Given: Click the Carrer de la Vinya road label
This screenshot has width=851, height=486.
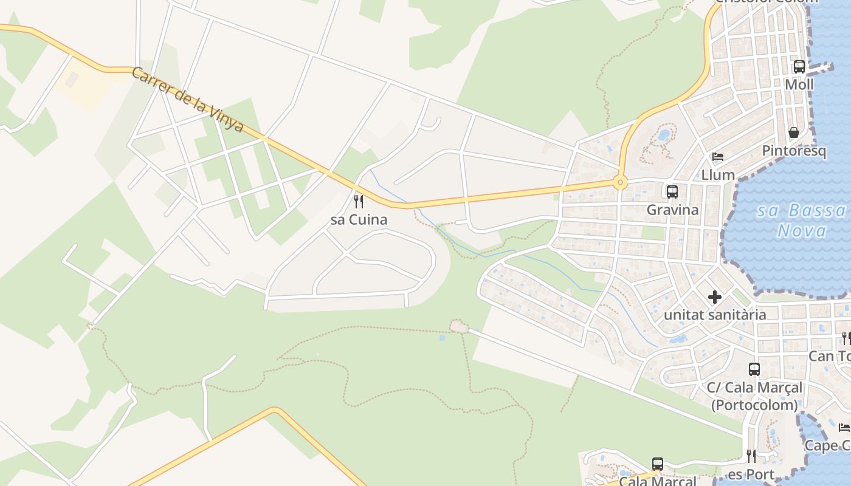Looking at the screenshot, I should point(187,100).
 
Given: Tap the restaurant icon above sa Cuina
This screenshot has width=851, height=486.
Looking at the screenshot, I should point(359,201).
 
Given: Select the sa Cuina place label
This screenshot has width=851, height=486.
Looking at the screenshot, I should point(359,219).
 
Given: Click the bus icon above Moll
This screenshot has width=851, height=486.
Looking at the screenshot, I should point(799,67).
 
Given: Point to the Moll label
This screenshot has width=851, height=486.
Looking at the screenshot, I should point(799,84).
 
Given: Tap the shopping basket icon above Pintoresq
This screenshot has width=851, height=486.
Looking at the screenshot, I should point(794,132).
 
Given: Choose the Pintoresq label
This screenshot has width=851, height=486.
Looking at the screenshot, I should point(794,151).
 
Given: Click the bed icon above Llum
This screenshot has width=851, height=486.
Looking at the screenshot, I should point(718,157).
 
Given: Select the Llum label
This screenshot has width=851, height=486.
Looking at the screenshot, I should point(718,175).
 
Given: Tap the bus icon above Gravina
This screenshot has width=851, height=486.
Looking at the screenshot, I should point(672,192).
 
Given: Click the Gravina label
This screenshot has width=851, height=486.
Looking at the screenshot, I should point(673,210).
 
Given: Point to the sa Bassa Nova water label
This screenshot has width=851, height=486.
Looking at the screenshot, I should point(802,221).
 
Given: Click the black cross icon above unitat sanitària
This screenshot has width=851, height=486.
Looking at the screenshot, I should point(715,297).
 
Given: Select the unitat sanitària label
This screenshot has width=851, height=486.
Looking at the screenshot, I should point(715,315).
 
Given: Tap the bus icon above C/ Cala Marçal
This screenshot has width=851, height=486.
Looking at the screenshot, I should point(754,369).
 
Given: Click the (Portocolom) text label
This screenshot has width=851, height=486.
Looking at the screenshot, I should point(754,405).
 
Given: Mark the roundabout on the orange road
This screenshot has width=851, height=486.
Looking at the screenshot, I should point(620,182).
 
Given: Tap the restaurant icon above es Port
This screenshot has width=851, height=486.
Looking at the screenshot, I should point(751,456).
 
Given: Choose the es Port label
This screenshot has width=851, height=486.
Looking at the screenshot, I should point(751,474).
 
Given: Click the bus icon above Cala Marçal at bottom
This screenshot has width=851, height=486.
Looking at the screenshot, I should point(658,464).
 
